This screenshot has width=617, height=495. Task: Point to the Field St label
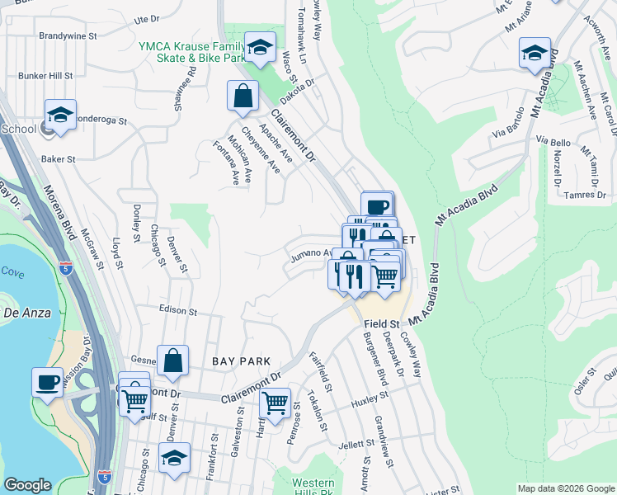382,325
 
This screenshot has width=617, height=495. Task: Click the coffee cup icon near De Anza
48,381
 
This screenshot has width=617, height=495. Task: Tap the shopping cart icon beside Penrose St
275,403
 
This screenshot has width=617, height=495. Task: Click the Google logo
27,485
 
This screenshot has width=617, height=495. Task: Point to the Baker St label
59,158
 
